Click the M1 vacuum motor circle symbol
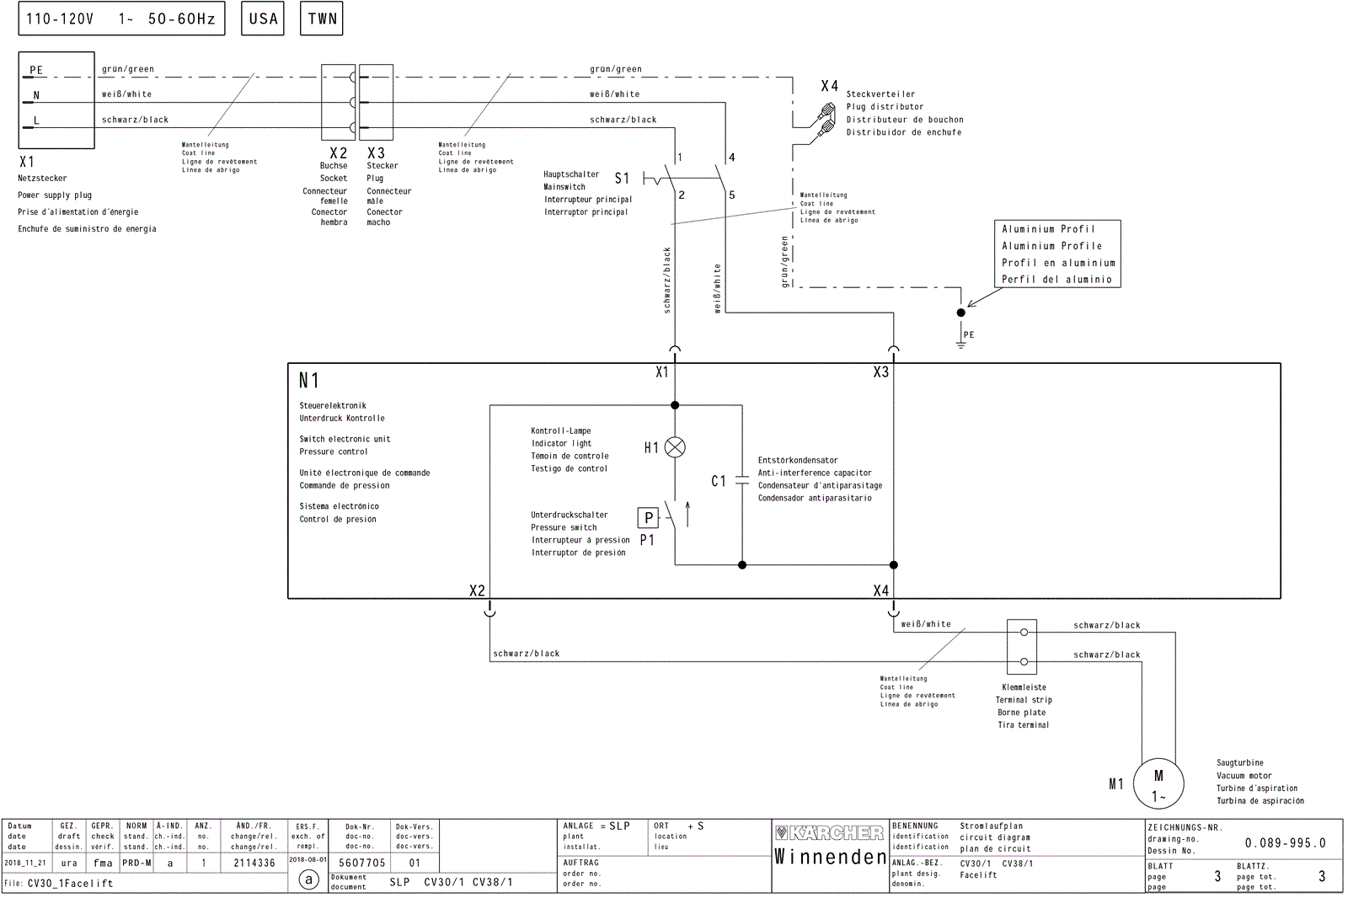tap(1158, 783)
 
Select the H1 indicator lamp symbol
tap(675, 447)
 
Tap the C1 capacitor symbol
tap(741, 481)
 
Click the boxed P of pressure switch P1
tap(648, 518)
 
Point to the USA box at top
tap(263, 19)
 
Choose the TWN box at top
tap(322, 19)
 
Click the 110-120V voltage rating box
tap(121, 19)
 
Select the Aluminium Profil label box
tap(1056, 254)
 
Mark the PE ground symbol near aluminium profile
tap(960, 337)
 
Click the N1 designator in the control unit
tap(308, 381)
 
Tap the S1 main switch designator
tap(622, 179)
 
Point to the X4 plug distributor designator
tap(829, 86)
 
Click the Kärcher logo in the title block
tap(829, 833)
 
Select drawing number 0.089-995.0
tap(1285, 842)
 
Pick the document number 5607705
tap(362, 863)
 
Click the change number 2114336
tap(254, 863)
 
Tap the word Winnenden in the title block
tap(830, 858)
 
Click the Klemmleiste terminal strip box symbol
tap(1022, 647)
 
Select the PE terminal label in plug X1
tap(36, 71)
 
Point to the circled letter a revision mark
tap(309, 880)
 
